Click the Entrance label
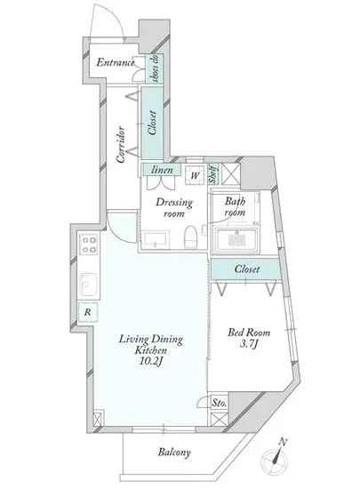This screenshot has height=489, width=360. coord(115,62)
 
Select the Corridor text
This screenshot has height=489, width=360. coord(121,145)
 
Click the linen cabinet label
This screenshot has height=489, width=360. coord(162,170)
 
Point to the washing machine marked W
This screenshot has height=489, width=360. coord(195,175)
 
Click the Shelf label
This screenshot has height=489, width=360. coord(213,173)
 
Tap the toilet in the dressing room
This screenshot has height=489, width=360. coord(190,237)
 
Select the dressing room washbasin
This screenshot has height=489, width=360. coord(156,239)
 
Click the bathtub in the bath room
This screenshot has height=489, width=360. coord(236,240)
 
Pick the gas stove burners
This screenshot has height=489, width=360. coord(89,244)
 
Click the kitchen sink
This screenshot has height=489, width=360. coord(89,285)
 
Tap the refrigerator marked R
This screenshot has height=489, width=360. coord(88,312)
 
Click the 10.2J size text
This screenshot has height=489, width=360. coord(151,362)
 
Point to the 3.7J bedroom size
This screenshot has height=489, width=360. coord(250,344)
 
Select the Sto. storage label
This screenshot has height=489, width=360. coord(220,403)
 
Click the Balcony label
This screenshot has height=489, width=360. coord(174,452)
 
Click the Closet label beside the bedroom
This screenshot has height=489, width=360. coord(247,269)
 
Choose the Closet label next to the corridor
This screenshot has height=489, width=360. coord(152,123)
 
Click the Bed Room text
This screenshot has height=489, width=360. coord(249,333)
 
